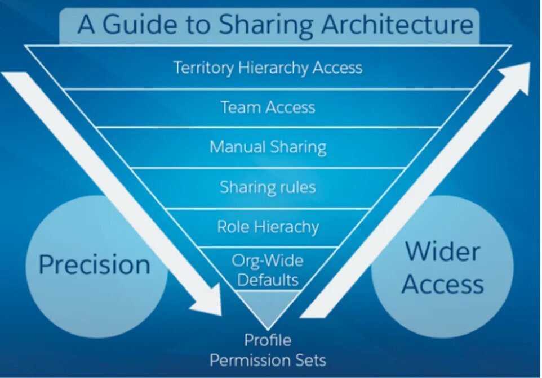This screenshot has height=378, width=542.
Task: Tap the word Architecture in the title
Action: [397, 25]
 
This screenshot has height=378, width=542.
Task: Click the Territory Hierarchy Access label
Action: [268, 68]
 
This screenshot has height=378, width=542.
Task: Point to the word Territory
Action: [203, 68]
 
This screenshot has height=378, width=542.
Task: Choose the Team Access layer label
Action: [268, 107]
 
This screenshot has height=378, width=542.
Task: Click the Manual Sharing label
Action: [268, 147]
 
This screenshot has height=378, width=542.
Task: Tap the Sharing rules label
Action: [268, 187]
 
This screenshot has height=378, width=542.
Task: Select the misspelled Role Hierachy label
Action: [268, 227]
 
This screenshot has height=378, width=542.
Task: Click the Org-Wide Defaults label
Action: [268, 270]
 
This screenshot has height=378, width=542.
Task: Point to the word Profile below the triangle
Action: [268, 340]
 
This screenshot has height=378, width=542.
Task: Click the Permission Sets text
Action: [268, 360]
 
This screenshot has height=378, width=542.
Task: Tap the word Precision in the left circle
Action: [95, 264]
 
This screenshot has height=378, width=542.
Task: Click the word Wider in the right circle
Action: [443, 251]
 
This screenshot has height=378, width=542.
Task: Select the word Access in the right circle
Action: [443, 284]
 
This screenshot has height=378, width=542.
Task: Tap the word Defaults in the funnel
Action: [268, 280]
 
